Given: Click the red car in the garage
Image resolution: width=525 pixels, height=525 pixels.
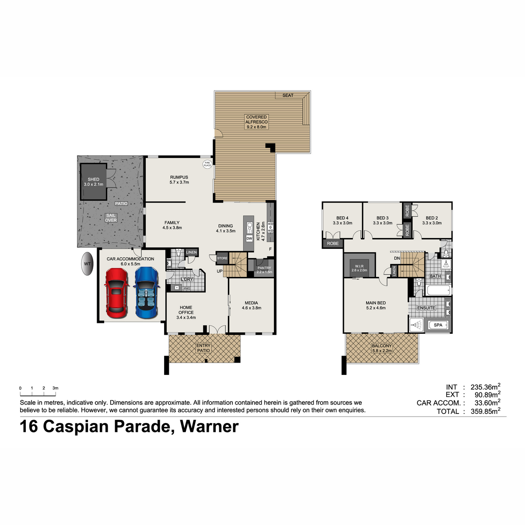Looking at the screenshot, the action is [116, 293].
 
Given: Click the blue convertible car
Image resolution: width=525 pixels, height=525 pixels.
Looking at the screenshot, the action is [147, 293].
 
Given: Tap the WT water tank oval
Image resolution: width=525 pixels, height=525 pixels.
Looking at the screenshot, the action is [87, 264].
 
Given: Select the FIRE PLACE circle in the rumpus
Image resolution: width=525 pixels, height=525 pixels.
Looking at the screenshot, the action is [207, 164].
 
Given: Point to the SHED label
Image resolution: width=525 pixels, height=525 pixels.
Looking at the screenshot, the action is [94, 179].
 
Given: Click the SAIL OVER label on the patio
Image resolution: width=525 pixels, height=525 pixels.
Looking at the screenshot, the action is [111, 218].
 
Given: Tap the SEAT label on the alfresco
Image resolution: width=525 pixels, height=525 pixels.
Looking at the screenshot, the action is [288, 95].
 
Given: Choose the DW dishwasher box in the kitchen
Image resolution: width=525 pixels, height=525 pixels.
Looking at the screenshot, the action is [249, 238].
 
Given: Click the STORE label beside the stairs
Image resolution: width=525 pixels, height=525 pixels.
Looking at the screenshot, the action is [222, 258].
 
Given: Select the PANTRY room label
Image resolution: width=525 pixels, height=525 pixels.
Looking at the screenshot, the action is [264, 268].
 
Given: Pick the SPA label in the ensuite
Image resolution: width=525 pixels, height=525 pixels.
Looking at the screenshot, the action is [438, 325].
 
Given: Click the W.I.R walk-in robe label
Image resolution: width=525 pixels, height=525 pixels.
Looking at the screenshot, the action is [359, 266].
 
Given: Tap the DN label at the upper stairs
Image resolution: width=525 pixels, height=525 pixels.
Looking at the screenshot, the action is [397, 258].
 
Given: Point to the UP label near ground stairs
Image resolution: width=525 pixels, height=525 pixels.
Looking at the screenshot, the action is [220, 271].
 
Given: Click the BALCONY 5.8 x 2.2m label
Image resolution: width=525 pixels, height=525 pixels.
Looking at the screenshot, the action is [382, 348].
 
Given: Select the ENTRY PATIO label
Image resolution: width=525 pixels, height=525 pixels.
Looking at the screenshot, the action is [203, 348].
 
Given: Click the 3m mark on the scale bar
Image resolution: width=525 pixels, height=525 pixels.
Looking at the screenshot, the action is [55, 388].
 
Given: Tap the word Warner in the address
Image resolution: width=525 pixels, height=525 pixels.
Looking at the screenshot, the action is [209, 427].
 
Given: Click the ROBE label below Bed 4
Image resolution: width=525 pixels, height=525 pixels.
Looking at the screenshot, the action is [332, 243].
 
